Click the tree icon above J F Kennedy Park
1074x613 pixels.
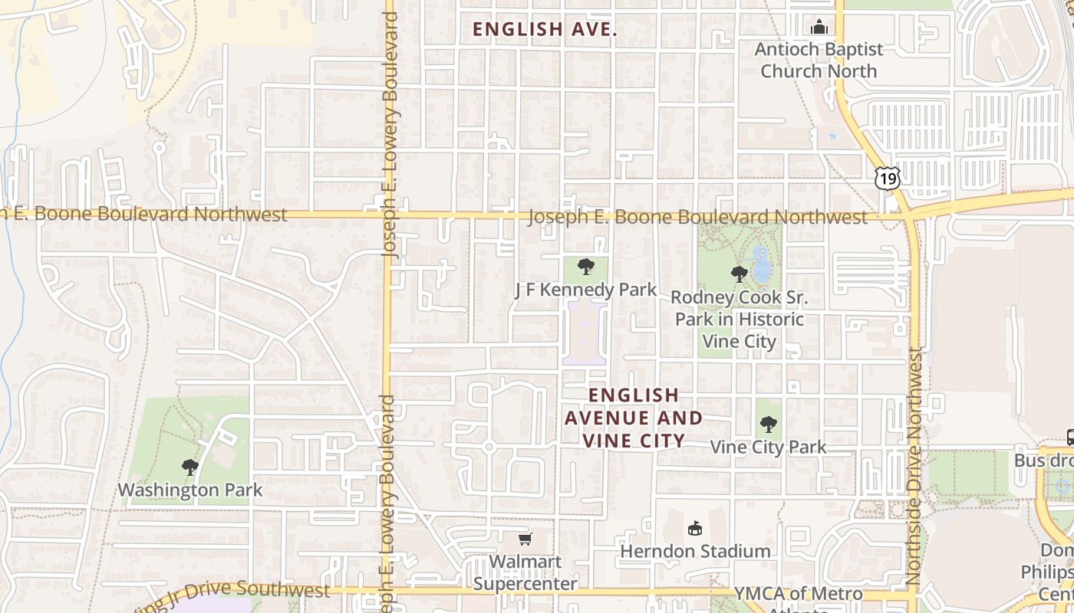pyautogui.click(x=586, y=267)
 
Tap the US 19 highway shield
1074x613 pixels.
pyautogui.click(x=887, y=179)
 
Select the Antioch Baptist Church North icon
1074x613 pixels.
pyautogui.click(x=819, y=28)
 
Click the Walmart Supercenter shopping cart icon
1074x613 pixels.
pyautogui.click(x=525, y=539)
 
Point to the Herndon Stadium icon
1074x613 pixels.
pyautogui.click(x=695, y=528)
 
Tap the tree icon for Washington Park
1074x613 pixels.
pyautogui.click(x=189, y=467)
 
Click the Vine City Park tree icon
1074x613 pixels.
pyautogui.click(x=768, y=424)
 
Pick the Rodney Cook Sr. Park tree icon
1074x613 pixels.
pyautogui.click(x=739, y=274)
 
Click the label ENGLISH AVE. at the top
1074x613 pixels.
pyautogui.click(x=545, y=29)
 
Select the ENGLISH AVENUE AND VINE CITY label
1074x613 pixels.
pyautogui.click(x=634, y=418)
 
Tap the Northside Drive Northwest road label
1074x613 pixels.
pyautogui.click(x=914, y=467)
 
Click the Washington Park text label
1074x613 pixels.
pyautogui.click(x=189, y=490)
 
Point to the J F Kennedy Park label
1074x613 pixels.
pyautogui.click(x=585, y=290)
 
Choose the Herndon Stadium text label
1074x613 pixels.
pyautogui.click(x=695, y=551)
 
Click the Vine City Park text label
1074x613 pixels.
pyautogui.click(x=768, y=447)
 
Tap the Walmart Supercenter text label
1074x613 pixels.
pyautogui.click(x=525, y=572)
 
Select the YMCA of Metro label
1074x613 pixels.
pyautogui.click(x=798, y=593)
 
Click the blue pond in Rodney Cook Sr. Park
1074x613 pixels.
pyautogui.click(x=761, y=265)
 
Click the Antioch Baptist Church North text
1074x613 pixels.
pyautogui.click(x=819, y=60)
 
